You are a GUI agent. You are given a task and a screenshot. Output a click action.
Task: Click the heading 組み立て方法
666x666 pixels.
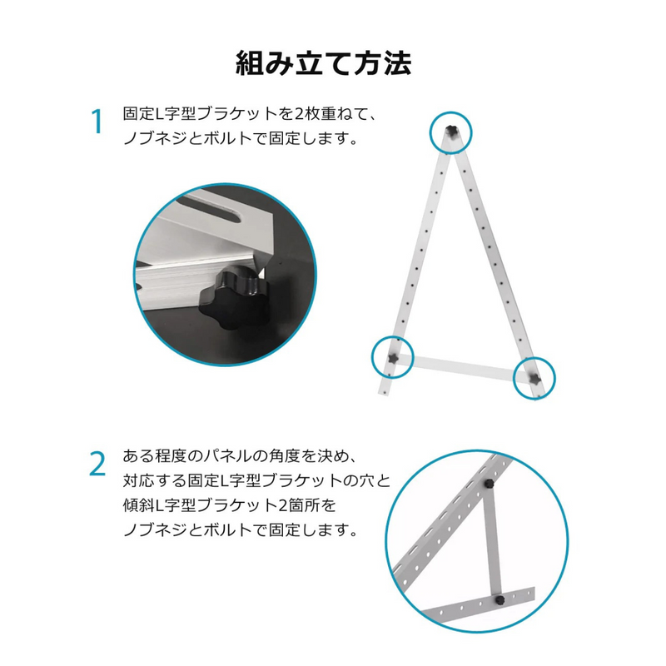[323, 64]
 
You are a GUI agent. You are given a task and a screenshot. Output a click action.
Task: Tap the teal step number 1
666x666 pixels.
[98, 122]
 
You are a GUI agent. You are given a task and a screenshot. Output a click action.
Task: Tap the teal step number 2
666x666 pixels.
[97, 465]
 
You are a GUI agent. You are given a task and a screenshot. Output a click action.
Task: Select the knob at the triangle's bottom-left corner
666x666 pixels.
[393, 358]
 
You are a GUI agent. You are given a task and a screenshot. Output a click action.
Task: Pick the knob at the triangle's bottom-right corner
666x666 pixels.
[534, 378]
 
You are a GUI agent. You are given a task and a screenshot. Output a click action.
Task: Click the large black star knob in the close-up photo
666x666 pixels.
[236, 304]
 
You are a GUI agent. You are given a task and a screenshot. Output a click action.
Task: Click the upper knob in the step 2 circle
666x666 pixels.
[490, 484]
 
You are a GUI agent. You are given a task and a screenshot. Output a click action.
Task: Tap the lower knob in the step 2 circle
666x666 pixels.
[499, 600]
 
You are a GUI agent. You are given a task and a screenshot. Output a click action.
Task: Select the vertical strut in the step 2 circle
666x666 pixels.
[494, 543]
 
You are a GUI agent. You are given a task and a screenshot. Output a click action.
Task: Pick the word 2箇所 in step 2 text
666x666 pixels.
[299, 505]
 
